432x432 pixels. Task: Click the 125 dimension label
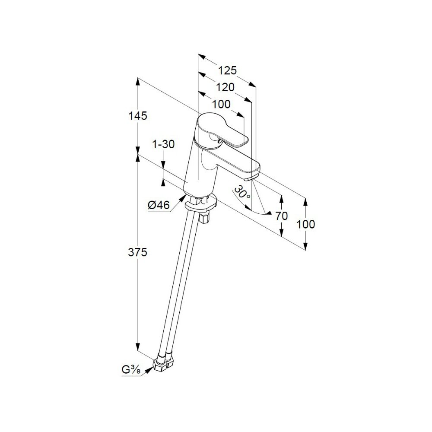click(x=227, y=70)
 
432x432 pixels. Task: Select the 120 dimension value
click(x=225, y=87)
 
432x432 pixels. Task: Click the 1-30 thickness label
click(x=163, y=145)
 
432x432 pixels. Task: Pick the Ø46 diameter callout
click(x=158, y=206)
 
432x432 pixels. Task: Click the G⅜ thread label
click(x=131, y=370)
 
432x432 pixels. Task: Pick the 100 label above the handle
click(x=221, y=104)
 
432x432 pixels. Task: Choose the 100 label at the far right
click(x=306, y=224)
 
